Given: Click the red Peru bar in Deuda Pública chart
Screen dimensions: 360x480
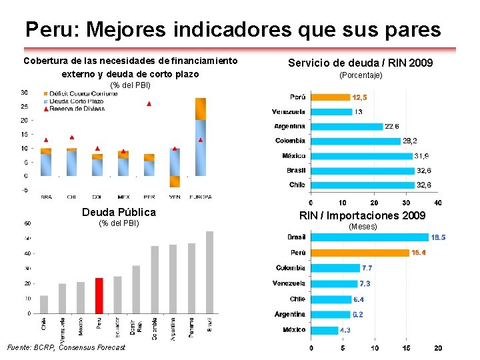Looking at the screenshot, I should pos(99,295).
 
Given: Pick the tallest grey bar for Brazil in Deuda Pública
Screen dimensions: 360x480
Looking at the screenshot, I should pos(209,272).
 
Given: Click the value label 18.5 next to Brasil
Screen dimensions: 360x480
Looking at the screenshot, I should pos(438,237).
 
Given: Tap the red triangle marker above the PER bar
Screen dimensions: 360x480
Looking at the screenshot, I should pos(149,104).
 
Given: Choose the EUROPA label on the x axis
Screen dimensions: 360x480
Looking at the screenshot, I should pos(200,197).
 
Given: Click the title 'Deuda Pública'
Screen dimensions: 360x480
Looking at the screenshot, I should pos(119,212).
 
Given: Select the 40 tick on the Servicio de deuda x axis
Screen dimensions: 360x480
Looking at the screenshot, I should pos(437,203).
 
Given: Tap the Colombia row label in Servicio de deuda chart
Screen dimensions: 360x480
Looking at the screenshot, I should pos(290,141).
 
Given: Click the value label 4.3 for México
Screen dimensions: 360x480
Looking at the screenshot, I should pos(346,330).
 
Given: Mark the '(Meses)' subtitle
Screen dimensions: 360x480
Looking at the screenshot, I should pos(363,227).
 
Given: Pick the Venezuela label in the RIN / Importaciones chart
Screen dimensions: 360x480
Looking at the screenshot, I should pos(289,283).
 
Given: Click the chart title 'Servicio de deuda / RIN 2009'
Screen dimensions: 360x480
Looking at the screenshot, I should pos(361,63).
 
